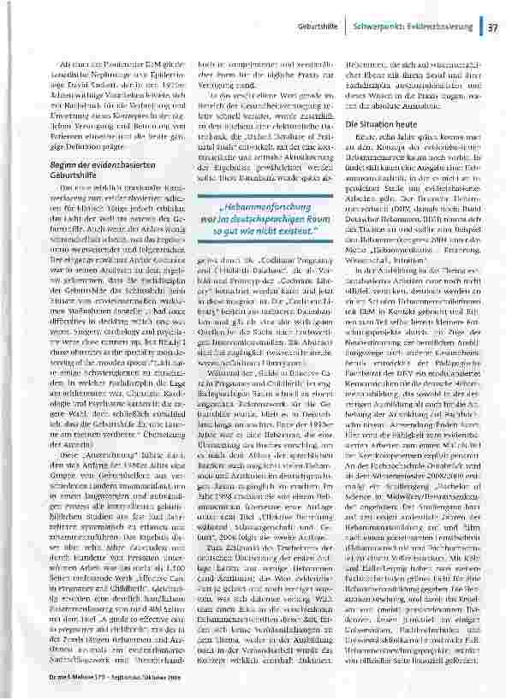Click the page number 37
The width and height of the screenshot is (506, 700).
click(493, 27)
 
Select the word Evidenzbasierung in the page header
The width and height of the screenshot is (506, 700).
click(440, 27)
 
